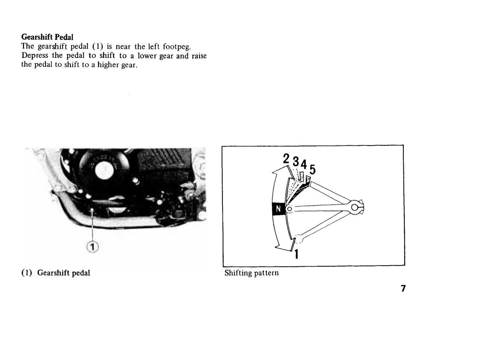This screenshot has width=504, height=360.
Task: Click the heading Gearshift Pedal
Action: pyautogui.click(x=47, y=37)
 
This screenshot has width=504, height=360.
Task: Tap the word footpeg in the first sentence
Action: pyautogui.click(x=177, y=47)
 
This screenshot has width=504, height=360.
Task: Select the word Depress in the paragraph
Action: pyautogui.click(x=35, y=55)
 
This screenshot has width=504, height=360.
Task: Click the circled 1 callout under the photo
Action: pyautogui.click(x=93, y=247)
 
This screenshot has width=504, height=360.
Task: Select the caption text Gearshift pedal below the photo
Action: pyautogui.click(x=63, y=273)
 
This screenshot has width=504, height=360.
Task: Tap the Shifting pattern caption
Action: pyautogui.click(x=252, y=273)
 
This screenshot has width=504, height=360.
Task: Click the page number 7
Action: pyautogui.click(x=403, y=288)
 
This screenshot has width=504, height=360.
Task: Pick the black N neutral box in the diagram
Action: pyautogui.click(x=278, y=209)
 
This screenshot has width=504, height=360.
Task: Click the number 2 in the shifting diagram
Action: pyautogui.click(x=286, y=159)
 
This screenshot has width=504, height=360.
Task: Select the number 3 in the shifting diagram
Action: pyautogui.click(x=296, y=162)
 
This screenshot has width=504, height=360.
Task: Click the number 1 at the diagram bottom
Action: pyautogui.click(x=296, y=254)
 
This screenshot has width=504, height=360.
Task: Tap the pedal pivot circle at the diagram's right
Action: pyautogui.click(x=355, y=207)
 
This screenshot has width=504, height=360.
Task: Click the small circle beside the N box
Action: pyautogui.click(x=290, y=209)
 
